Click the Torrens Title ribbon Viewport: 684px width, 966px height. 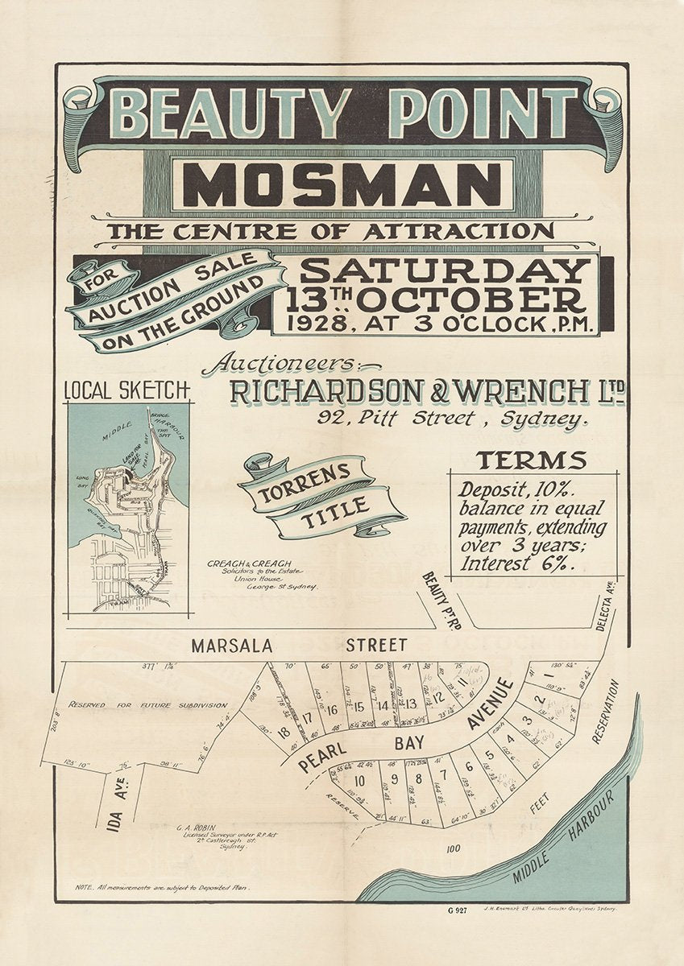pyautogui.click(x=320, y=496)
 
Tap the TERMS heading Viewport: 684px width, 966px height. pyautogui.click(x=530, y=461)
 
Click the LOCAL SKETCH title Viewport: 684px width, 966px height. pyautogui.click(x=126, y=390)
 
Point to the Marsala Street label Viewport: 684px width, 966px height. pyautogui.click(x=298, y=645)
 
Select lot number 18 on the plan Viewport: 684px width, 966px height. pyautogui.click(x=284, y=733)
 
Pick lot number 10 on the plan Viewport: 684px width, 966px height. pyautogui.click(x=360, y=780)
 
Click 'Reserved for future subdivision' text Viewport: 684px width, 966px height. pyautogui.click(x=147, y=704)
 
